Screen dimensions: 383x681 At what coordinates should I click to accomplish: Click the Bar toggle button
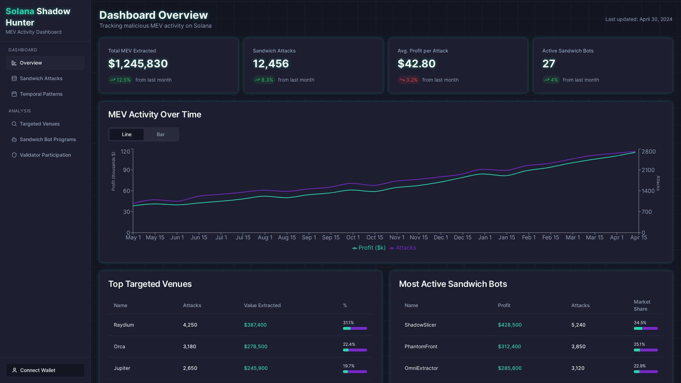point(161,134)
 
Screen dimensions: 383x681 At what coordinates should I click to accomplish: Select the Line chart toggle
point(127,134)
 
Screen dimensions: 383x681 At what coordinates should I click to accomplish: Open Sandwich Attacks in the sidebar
point(41,78)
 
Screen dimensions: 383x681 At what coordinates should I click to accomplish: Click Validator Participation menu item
point(45,155)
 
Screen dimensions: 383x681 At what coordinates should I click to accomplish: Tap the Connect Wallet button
point(45,370)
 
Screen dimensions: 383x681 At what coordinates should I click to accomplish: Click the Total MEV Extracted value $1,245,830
point(138,64)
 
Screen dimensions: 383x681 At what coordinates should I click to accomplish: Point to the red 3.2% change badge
point(408,80)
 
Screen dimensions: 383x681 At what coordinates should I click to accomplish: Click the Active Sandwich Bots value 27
point(548,64)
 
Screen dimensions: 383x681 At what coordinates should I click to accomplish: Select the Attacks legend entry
point(403,248)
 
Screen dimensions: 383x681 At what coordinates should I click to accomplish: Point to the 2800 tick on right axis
point(648,151)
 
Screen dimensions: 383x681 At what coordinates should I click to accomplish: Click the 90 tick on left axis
point(127,170)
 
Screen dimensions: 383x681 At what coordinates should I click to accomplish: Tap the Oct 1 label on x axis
point(353,237)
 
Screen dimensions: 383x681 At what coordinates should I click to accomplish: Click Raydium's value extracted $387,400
point(255,325)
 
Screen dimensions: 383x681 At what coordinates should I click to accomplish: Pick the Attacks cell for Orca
point(189,346)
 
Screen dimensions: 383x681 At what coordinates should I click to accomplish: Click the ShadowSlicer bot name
point(420,325)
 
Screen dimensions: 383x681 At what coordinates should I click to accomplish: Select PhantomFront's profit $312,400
point(509,346)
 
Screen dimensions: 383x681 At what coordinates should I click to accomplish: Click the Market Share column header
point(642,305)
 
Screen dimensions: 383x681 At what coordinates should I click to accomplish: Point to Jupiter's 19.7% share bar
point(355,372)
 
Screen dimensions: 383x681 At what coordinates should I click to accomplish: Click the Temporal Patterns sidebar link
point(41,94)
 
